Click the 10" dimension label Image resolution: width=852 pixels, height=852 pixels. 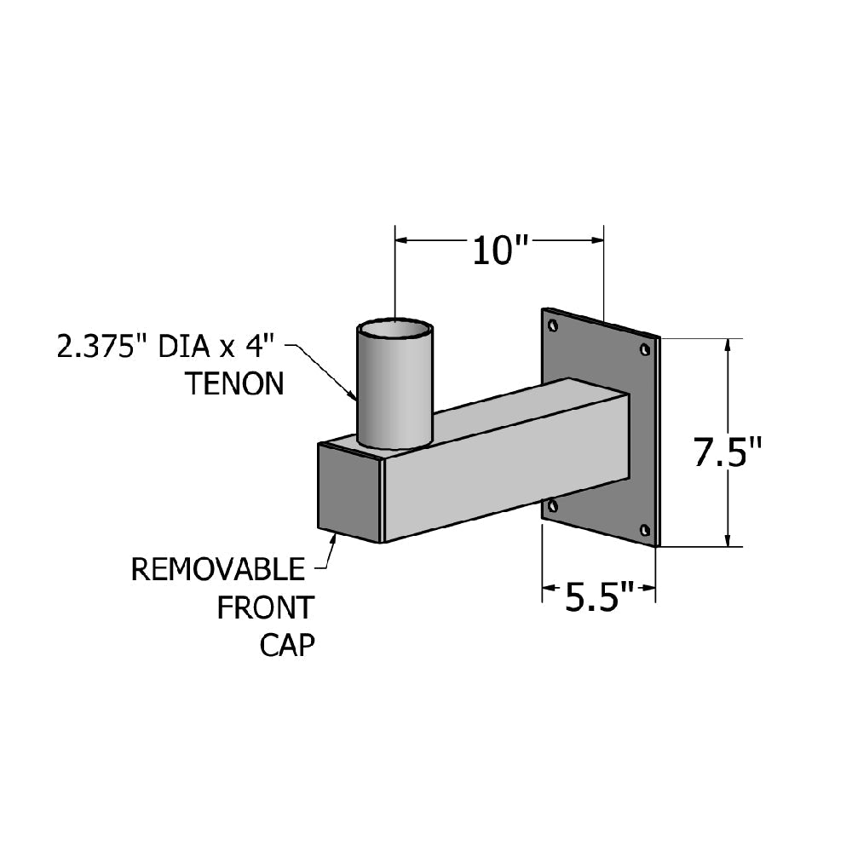tap(502, 251)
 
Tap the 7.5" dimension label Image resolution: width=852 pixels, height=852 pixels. tap(727, 453)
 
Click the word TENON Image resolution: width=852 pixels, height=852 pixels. tap(234, 384)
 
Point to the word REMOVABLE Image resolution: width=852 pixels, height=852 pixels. tap(217, 569)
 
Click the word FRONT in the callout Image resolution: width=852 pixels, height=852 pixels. tap(266, 608)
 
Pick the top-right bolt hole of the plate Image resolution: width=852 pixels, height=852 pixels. tap(644, 348)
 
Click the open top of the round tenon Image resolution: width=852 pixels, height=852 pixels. tap(394, 328)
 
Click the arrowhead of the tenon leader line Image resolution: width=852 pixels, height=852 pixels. tap(353, 395)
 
